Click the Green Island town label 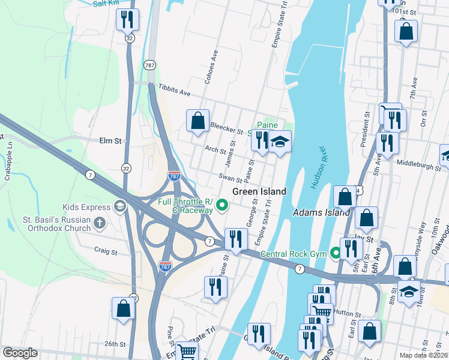tap(259, 191)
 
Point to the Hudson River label tap(318, 167)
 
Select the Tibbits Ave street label tap(174, 90)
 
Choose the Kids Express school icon tap(119, 207)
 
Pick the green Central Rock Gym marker tap(336, 254)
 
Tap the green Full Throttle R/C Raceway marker tap(222, 206)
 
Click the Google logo tap(20, 353)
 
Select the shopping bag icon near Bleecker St tap(197, 121)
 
